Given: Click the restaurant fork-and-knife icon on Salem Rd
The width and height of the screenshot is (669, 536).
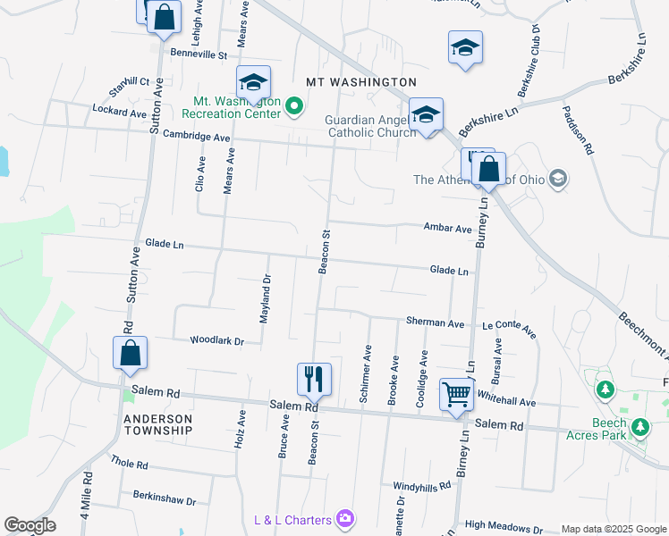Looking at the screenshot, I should pos(314,378).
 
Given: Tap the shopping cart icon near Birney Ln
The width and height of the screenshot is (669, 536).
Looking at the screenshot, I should pos(456,394).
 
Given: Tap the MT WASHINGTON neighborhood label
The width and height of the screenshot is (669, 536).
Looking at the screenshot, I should pos(361,81).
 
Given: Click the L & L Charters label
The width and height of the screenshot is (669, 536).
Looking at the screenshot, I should pos(292,519).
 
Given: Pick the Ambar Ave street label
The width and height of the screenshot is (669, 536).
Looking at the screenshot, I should pos(447,229).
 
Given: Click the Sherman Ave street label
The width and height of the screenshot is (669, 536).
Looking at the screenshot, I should pos(435,322).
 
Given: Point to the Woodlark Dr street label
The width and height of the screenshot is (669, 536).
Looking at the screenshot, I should pos(216,340).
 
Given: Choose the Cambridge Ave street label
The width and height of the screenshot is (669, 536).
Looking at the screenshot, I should pos(197,137).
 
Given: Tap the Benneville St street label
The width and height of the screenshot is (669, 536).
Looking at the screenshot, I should pos(199,54).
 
